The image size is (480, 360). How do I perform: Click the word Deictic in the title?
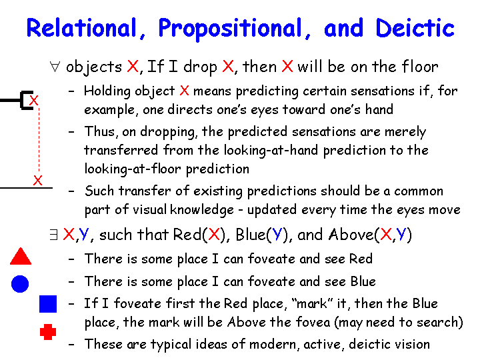pos(415,28)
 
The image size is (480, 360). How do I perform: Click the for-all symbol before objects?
pos(55,67)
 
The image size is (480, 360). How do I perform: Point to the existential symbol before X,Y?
pos(53,235)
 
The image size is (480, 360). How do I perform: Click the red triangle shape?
pos(21,256)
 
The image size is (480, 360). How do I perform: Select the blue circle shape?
pos(20,284)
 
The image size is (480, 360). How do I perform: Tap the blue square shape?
pos(48,304)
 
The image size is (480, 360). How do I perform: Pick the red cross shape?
pos(48,332)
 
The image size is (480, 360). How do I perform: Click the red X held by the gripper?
pos(34,101)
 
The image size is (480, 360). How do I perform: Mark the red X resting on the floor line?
pos(37,180)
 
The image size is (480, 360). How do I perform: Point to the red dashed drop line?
pos(39,140)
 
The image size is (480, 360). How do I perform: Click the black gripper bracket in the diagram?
pos(22,100)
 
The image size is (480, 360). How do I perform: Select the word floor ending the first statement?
pos(420,67)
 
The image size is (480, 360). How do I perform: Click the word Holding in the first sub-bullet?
pos(107,91)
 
